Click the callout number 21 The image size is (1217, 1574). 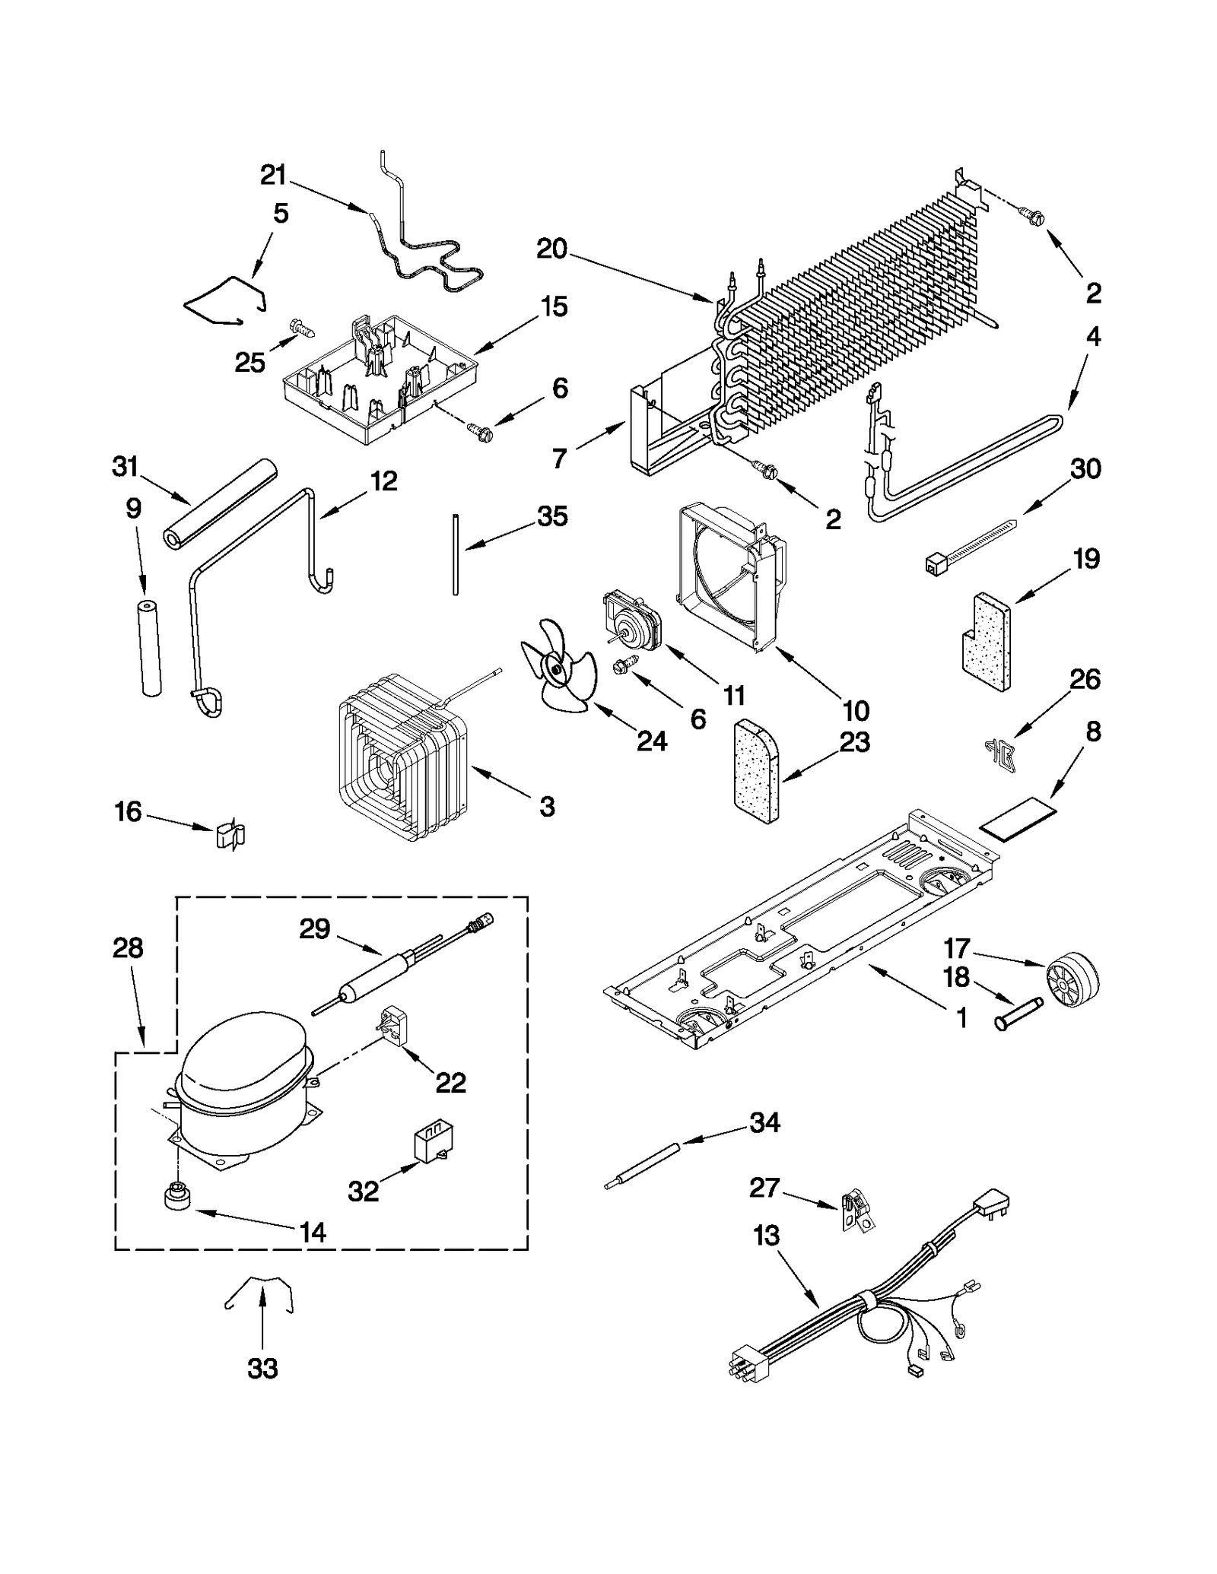click(273, 176)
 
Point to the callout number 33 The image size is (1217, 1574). click(262, 1369)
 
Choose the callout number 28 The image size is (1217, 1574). click(128, 948)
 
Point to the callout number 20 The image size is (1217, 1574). click(552, 249)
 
